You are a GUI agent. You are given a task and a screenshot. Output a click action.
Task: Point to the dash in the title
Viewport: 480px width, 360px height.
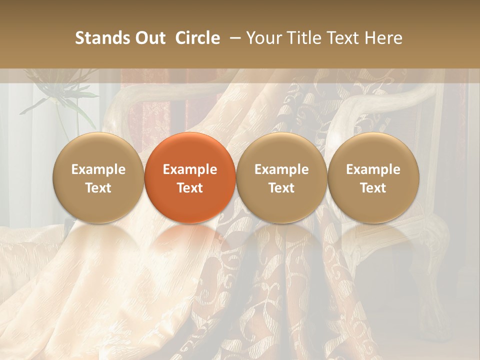[x=233, y=38]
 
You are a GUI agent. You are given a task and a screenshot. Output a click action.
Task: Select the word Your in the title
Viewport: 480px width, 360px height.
[x=263, y=38]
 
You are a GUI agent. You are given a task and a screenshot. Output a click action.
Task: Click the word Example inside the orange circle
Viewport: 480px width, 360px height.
[x=190, y=169]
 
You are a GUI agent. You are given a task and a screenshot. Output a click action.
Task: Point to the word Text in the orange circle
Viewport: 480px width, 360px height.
[x=190, y=188]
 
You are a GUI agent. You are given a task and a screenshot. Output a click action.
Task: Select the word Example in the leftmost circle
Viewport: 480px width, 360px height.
[x=98, y=169]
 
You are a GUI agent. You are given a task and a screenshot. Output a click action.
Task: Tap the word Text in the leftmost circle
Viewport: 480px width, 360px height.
[x=98, y=188]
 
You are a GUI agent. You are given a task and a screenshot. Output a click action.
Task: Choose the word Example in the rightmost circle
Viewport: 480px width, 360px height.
[x=373, y=169]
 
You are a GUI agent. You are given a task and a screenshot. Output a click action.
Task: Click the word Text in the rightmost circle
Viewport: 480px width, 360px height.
[x=373, y=188]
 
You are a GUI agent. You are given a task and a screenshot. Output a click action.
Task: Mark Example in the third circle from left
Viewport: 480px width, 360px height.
[x=281, y=169]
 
